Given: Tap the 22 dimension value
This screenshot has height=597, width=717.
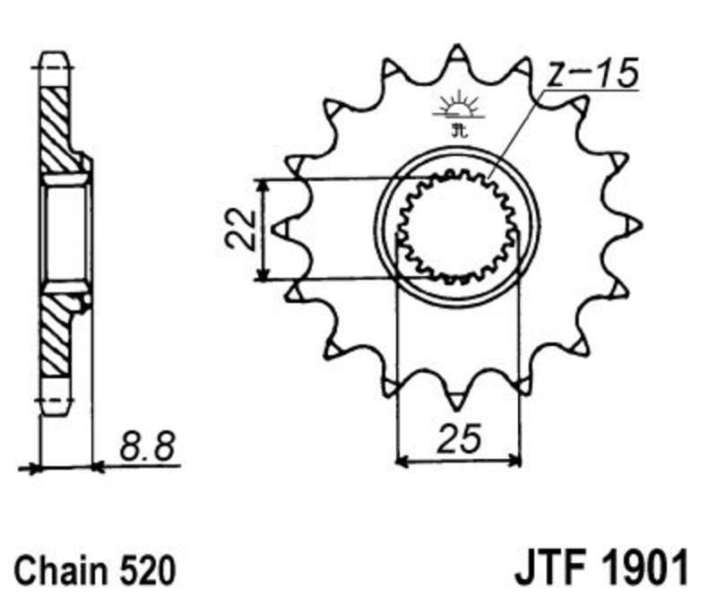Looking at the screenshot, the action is click(240, 229).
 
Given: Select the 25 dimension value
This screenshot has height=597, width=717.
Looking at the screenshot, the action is click(459, 437).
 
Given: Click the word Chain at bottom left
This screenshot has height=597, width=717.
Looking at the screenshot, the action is click(60, 570).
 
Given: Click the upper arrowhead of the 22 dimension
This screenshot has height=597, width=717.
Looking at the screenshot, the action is click(262, 185).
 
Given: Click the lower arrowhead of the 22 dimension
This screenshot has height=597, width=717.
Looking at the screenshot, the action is click(262, 273).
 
